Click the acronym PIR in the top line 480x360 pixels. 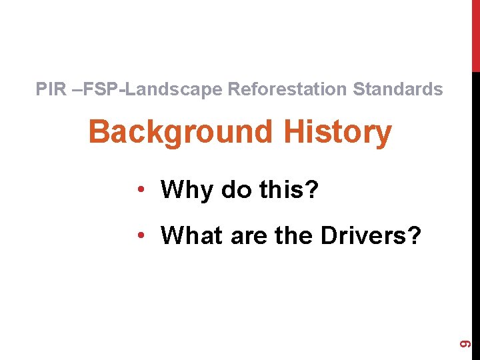[51, 89]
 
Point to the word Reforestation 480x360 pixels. [288, 89]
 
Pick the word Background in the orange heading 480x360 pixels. [180, 133]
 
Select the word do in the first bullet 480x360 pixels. [236, 190]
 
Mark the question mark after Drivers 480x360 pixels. [414, 235]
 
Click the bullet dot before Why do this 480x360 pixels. [141, 191]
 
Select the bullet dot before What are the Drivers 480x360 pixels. [141, 235]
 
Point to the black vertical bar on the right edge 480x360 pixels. [475, 200]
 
